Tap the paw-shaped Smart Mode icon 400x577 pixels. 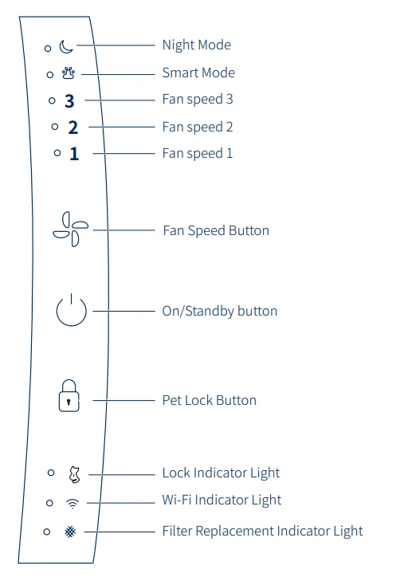point(69,73)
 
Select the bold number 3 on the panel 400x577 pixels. point(69,101)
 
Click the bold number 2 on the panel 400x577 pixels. point(73,128)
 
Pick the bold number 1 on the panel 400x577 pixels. point(74,154)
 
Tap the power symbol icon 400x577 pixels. point(71,310)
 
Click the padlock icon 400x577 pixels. point(69,395)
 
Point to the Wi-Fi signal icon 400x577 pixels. point(73,503)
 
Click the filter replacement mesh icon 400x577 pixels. point(70,532)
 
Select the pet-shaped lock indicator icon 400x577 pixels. point(74,474)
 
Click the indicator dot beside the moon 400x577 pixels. point(48,48)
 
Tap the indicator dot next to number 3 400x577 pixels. point(52,100)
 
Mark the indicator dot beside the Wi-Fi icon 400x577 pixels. point(49,503)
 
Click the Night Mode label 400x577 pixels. point(197,45)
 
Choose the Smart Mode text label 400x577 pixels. point(198,73)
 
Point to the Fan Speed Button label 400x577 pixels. point(216,231)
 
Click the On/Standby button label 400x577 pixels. point(220,312)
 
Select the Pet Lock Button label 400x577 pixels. point(210,400)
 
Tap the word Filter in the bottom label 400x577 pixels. point(178,531)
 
